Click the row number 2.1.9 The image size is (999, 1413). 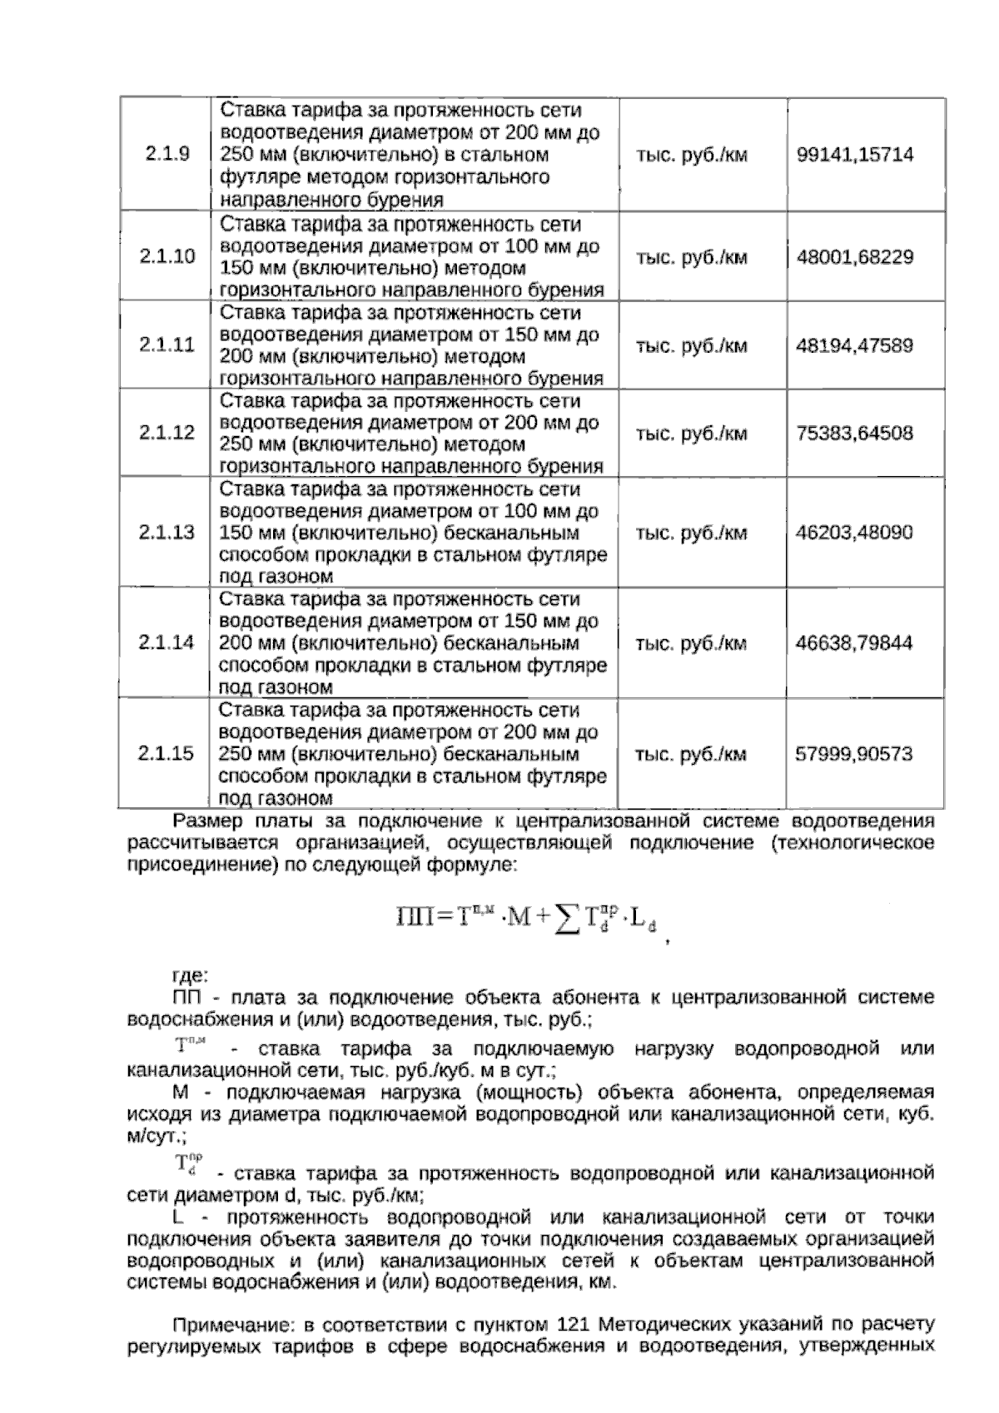coord(166,155)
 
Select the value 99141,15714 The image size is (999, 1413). coord(855,155)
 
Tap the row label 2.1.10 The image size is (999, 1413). coord(166,256)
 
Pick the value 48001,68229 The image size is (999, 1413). coord(855,257)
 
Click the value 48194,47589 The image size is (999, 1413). coord(855,345)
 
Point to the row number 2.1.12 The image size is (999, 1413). coord(166,433)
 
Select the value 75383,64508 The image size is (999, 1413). coord(855,434)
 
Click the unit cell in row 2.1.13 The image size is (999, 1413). coord(691,533)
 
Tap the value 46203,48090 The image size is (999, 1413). coord(855,533)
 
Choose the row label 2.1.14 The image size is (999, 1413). coord(166,642)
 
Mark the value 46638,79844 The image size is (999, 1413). coord(855,643)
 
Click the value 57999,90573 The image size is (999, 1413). coord(855,754)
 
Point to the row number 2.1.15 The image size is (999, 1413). coord(166,754)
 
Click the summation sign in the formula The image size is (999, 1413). coord(567,919)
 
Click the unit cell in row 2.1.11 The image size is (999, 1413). coord(691,345)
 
